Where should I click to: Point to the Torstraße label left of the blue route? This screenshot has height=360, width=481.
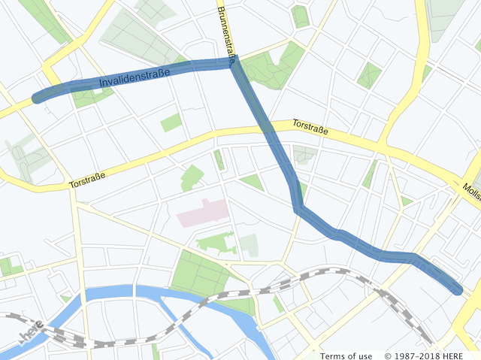point(86,180)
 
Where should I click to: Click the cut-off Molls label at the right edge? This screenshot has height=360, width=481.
point(472,193)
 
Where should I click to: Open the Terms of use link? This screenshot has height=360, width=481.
point(346,355)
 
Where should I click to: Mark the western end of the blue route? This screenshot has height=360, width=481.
point(37,98)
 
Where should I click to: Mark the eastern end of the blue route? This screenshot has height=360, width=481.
point(457,290)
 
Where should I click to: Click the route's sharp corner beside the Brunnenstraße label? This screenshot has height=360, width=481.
point(234,64)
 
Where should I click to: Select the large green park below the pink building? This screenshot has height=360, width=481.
point(198,273)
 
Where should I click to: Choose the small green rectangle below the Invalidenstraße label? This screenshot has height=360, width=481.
point(171,123)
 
